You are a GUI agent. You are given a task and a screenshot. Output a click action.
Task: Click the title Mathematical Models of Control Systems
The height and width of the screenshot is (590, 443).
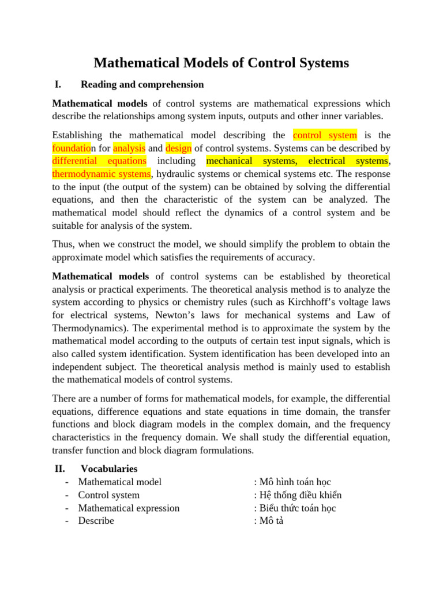click(x=221, y=63)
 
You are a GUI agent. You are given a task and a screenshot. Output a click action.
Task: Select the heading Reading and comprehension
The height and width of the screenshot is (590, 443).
click(x=142, y=85)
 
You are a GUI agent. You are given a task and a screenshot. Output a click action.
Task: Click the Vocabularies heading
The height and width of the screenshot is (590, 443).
click(x=109, y=469)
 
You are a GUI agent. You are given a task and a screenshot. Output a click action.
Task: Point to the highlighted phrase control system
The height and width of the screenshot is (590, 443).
click(x=325, y=135)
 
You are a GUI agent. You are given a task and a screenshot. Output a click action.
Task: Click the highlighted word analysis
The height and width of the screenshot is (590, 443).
click(x=129, y=148)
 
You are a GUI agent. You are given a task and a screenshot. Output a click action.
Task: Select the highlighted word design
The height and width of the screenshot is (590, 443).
click(x=178, y=148)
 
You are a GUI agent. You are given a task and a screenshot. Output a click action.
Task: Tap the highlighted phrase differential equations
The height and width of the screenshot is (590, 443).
click(x=99, y=161)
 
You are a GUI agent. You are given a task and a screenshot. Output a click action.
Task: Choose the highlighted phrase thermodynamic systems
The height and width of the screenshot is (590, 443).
click(x=102, y=173)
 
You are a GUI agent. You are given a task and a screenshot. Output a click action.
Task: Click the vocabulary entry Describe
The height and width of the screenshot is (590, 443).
click(x=96, y=520)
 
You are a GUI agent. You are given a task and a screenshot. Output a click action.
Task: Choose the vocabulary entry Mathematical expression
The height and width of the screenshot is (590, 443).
click(x=129, y=508)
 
